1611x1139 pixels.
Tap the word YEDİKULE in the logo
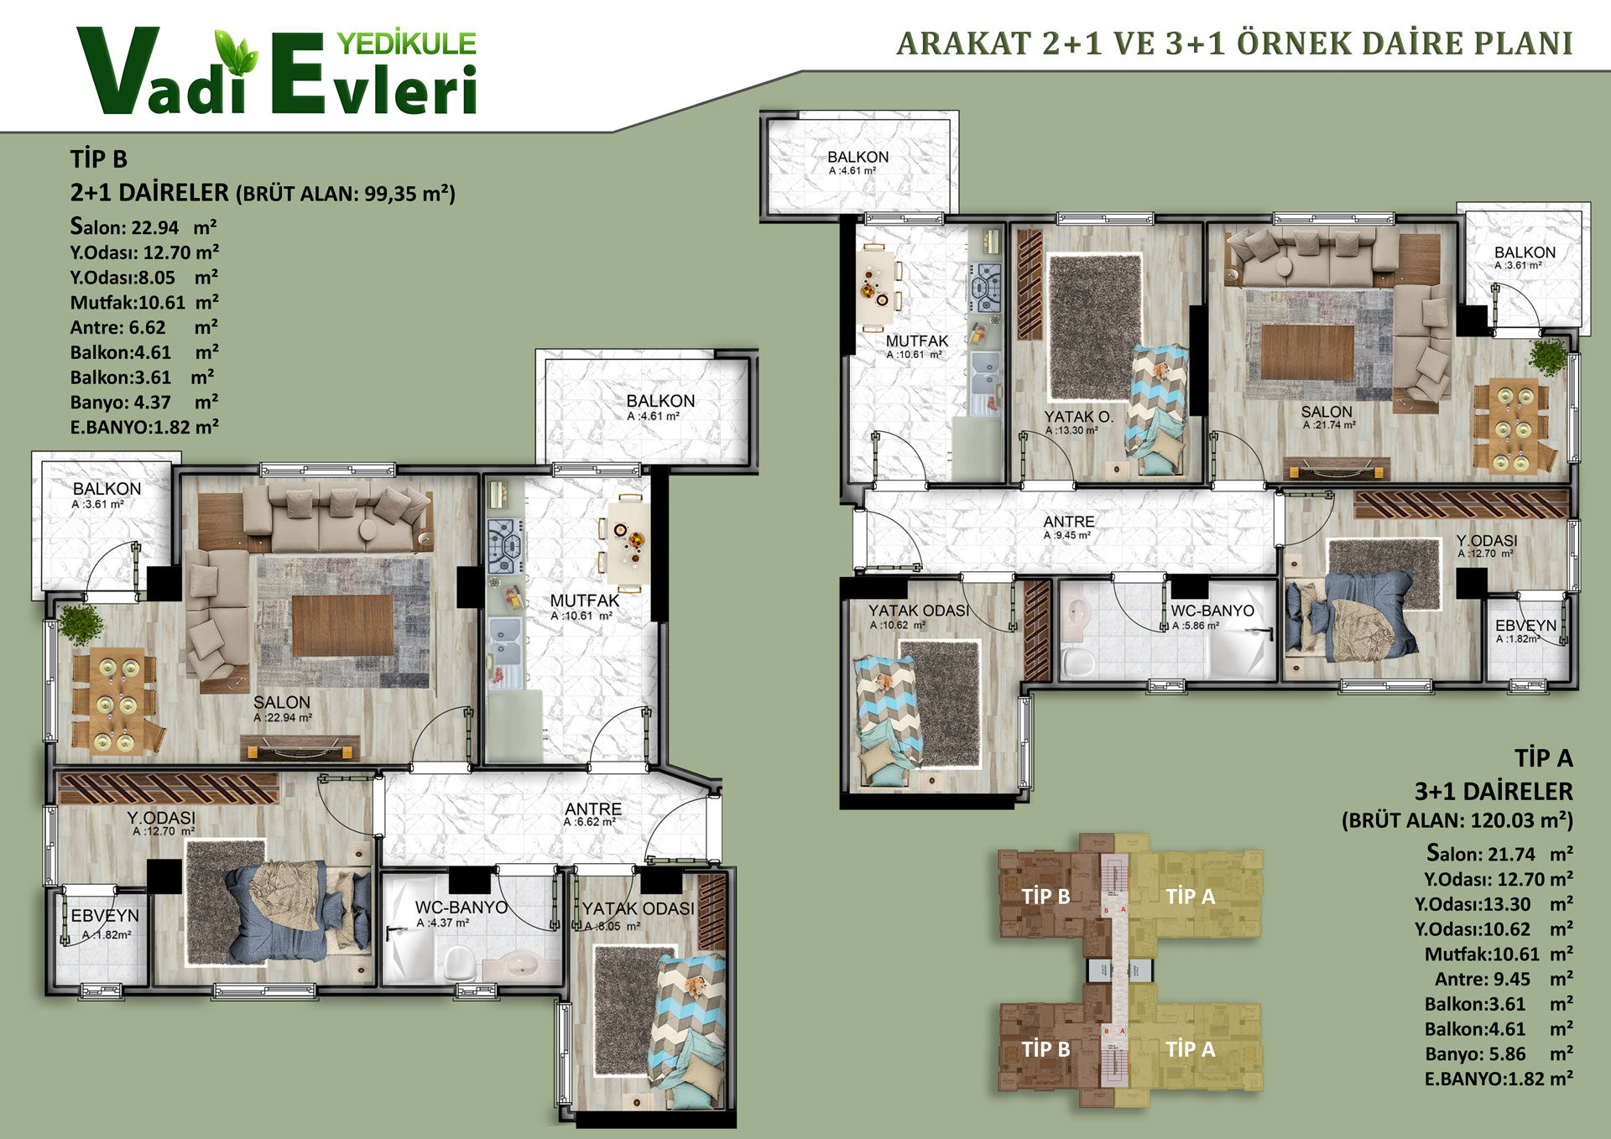tap(406, 44)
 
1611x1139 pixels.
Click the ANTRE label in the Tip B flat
tap(593, 809)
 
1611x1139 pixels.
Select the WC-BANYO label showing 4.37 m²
tap(461, 907)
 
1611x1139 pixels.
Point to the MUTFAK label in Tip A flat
tap(917, 341)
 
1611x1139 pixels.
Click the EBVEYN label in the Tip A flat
tap(1525, 625)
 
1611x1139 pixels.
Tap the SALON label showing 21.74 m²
tap(1327, 412)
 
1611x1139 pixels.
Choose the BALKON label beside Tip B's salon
tap(107, 488)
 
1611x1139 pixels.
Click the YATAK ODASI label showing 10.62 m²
tap(918, 611)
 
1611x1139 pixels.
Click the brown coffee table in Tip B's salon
tap(342, 625)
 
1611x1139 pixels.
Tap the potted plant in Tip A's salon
tap(1547, 356)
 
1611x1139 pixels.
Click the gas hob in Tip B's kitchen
tap(504, 546)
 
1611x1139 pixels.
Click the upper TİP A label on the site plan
tap(1190, 896)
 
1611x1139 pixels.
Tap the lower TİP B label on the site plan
tap(1045, 1048)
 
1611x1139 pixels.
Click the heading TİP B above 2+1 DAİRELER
tap(99, 159)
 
